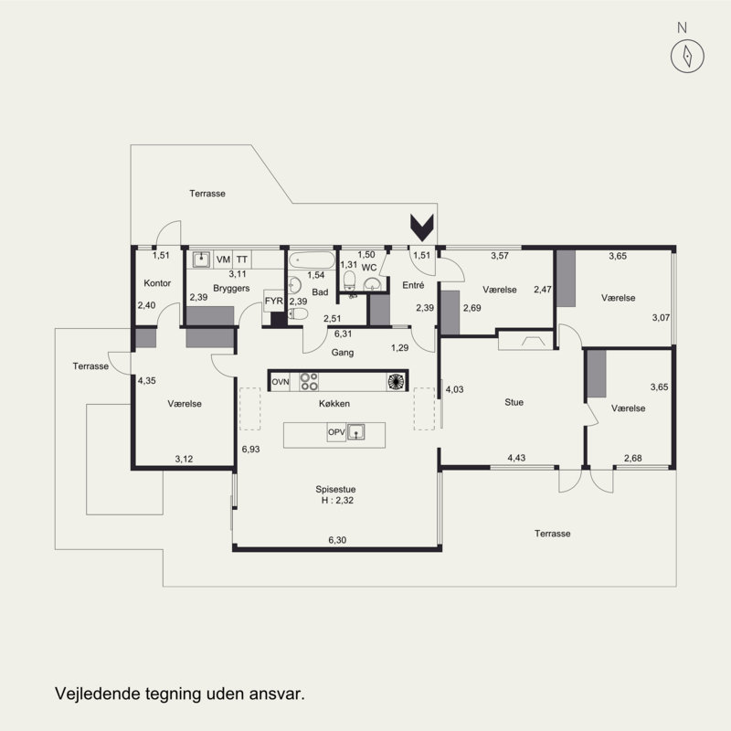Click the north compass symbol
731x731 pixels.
pos(687,56)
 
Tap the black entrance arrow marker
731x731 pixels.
pos(422,228)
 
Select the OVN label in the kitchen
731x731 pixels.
pos(281,382)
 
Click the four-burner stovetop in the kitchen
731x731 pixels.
pos(309,381)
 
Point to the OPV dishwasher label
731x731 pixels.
pos(336,432)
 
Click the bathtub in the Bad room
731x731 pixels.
pos(312,260)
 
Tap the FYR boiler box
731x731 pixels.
pos(273,302)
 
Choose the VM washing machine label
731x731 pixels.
pos(223,260)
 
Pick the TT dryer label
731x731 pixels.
pos(241,260)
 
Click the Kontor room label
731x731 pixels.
pos(157,283)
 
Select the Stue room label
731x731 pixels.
pos(514,402)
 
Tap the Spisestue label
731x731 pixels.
pos(335,489)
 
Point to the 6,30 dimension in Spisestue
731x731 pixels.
pos(337,540)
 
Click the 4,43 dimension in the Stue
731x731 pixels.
pos(516,458)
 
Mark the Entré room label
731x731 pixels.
pos(413,285)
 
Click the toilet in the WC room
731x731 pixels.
pos(350,281)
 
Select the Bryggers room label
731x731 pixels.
pos(231,288)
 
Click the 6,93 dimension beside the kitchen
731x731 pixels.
pos(250,449)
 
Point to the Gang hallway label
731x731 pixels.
pos(342,353)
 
